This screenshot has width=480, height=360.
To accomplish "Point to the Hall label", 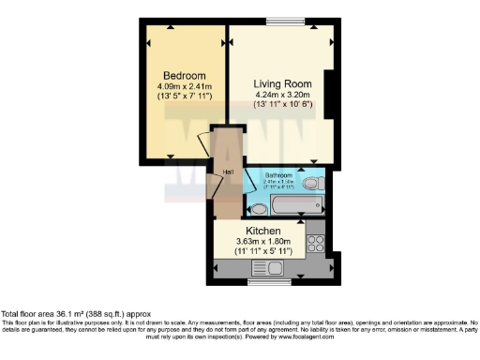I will point(228,172).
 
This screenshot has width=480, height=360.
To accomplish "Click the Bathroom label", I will point(278,175).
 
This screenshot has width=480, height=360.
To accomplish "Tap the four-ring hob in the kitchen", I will point(316,244).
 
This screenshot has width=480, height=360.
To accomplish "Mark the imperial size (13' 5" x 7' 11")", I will point(185,97).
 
